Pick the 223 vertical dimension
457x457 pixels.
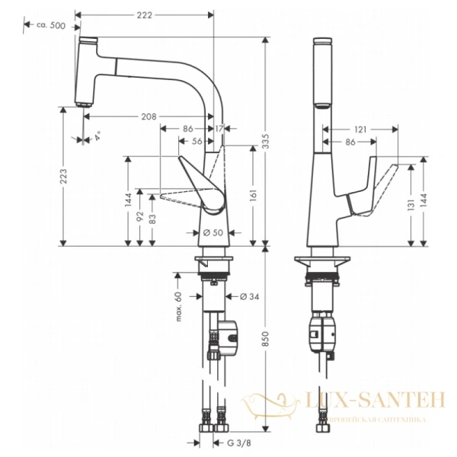pos(64,177)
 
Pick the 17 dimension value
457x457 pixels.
pos(220,129)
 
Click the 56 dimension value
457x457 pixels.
pos(197,142)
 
